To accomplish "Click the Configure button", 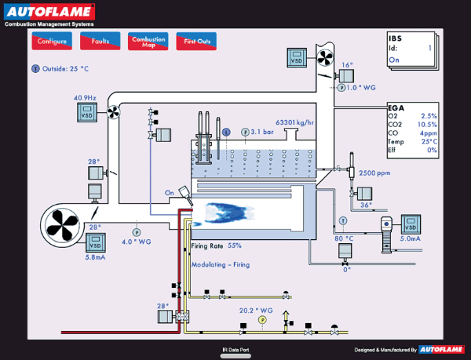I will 53,41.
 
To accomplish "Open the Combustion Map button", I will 148,41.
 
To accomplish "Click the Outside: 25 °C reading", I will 64,68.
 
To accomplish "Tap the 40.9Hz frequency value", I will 85,98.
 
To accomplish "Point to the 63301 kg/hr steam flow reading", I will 295,122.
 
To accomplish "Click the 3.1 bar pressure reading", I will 262,133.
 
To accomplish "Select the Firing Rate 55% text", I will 217,245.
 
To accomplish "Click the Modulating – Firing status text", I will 220,264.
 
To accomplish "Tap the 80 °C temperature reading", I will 345,238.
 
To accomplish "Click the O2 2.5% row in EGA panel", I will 412,115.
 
